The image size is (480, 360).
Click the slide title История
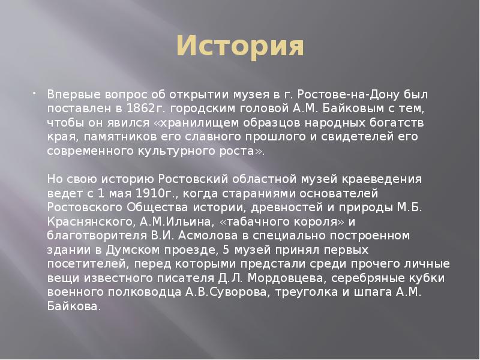(x=240, y=47)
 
